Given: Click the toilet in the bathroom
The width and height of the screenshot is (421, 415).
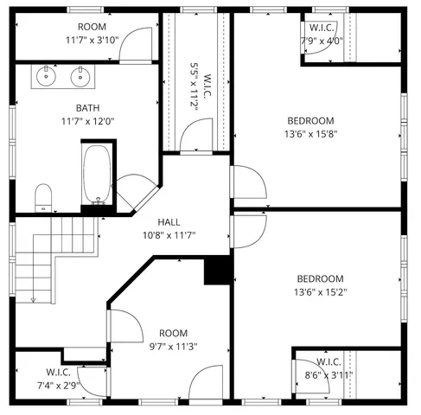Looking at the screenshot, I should tap(43, 198).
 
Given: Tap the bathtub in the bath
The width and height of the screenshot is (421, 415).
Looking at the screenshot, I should tap(97, 175).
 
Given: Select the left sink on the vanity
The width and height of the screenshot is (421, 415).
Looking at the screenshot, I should tap(48, 78).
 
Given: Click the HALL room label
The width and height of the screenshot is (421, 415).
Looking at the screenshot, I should tap(169, 221).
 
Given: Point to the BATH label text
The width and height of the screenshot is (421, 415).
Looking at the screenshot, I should tap(87, 108).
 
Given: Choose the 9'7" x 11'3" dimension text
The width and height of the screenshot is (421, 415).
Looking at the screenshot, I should tap(173, 347).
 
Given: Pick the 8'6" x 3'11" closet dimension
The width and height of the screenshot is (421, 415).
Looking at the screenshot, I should tap(329, 375).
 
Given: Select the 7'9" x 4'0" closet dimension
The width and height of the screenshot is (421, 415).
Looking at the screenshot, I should tap(322, 40).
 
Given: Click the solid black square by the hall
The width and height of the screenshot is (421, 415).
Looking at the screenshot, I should tap(215, 271).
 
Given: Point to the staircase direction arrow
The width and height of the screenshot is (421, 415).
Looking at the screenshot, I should tap(33, 298).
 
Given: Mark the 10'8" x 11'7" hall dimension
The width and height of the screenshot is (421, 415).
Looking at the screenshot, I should tap(169, 234).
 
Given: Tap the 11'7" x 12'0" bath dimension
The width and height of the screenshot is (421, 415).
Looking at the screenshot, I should tap(87, 121).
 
